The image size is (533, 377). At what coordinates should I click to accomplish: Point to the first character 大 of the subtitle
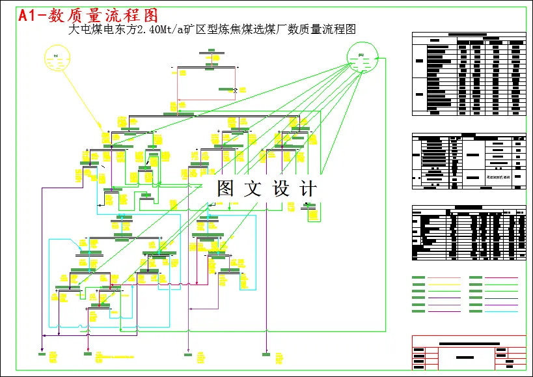click(x=74, y=29)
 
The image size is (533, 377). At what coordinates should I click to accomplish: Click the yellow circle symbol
click(x=58, y=58)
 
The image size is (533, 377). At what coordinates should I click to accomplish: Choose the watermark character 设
click(x=280, y=189)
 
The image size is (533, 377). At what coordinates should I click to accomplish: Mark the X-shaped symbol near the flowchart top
click(x=236, y=92)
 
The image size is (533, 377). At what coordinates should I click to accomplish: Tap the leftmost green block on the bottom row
click(x=42, y=354)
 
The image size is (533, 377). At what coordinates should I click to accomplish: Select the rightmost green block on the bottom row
click(x=266, y=354)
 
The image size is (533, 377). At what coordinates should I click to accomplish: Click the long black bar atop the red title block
click(x=469, y=343)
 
